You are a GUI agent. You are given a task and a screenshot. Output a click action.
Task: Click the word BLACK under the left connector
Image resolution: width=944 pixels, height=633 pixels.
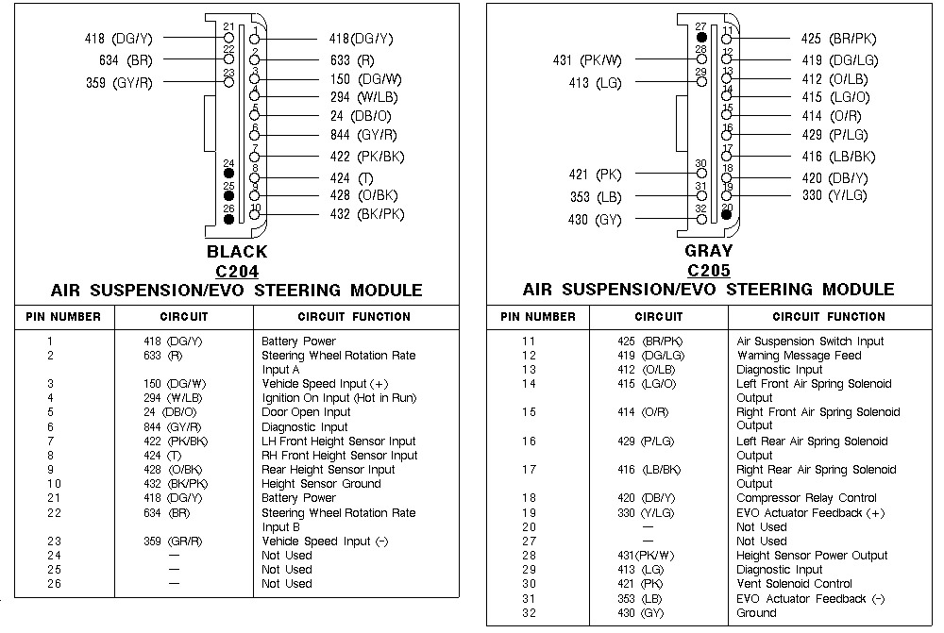[236, 252]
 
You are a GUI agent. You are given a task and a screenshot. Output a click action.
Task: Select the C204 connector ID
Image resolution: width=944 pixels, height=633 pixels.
[236, 272]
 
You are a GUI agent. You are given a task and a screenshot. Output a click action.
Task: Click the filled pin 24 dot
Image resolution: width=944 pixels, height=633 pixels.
[228, 175]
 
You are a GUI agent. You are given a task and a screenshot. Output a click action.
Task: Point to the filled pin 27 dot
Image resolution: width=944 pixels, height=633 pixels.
[700, 39]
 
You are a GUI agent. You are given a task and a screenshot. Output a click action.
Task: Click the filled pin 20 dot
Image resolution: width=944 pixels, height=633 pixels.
[726, 214]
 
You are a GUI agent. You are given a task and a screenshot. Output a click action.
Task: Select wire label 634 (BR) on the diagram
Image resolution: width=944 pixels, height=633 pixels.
[126, 60]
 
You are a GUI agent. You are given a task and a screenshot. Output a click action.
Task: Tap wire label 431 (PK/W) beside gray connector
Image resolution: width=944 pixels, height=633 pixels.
[587, 61]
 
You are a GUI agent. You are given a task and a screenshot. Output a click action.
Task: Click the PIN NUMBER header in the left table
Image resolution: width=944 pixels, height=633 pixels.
[62, 317]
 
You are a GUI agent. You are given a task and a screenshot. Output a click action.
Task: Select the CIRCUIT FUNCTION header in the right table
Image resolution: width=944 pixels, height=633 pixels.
[829, 317]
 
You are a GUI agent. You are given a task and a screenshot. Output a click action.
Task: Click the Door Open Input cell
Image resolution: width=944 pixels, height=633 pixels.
[306, 412]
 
